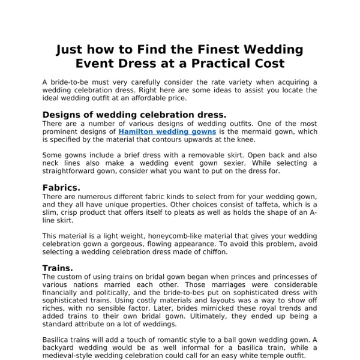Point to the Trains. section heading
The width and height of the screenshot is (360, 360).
point(58,268)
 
